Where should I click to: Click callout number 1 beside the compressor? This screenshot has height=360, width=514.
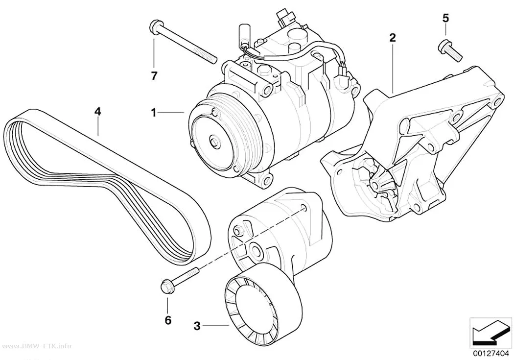[153, 113]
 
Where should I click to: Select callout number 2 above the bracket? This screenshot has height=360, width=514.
[393, 38]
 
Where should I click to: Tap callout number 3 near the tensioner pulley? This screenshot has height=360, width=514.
[197, 326]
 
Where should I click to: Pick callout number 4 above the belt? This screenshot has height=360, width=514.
[97, 112]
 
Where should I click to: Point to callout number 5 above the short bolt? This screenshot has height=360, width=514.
[445, 18]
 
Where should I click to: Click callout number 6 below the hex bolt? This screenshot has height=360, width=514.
[168, 320]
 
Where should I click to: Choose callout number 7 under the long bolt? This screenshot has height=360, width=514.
[154, 76]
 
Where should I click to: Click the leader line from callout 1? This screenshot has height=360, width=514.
[171, 113]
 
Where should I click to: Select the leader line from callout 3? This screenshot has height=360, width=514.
[215, 326]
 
